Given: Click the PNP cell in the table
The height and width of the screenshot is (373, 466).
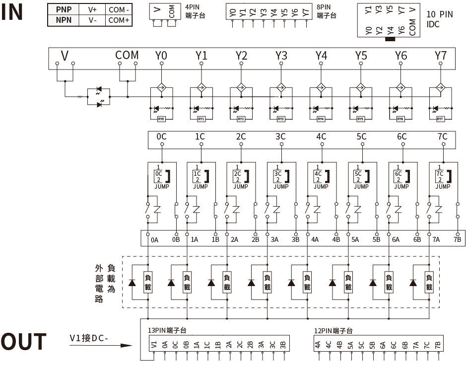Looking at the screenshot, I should (64, 9).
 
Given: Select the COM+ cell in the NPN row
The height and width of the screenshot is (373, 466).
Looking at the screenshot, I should (119, 20).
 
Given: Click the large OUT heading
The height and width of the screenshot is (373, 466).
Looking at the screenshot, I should (23, 342).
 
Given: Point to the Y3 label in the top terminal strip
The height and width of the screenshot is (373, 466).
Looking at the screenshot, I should (281, 56).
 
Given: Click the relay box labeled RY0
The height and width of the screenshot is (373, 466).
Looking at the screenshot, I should (161, 119).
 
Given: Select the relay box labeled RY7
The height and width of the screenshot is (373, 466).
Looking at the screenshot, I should (440, 119).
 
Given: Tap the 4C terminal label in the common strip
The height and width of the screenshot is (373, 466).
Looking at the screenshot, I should (321, 137).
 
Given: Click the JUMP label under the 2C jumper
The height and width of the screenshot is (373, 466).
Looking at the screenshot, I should (241, 187).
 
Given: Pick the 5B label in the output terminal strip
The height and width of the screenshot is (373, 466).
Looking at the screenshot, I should (376, 240).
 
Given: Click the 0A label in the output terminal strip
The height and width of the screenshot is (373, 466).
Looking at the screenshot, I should (155, 240).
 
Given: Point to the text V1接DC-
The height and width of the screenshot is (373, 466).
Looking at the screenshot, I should (89, 339).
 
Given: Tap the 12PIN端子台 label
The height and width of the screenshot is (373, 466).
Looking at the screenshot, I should (333, 330).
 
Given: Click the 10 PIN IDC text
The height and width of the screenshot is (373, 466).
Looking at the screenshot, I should (439, 18).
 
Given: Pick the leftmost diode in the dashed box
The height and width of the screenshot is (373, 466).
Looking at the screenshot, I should (132, 283).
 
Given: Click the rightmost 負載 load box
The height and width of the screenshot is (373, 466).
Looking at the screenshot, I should (429, 283).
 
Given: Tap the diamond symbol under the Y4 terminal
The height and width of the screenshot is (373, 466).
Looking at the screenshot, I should (321, 87).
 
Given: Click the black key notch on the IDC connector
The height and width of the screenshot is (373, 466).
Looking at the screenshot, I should (390, 38).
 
